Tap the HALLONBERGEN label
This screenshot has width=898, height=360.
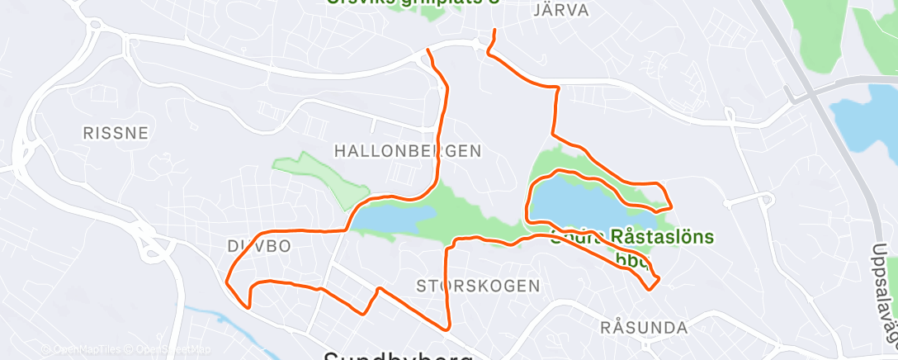tap(407, 150)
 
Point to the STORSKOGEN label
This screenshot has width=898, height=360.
tap(478, 286)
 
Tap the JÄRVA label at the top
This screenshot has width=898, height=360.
tap(561, 11)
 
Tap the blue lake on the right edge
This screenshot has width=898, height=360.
tap(863, 116)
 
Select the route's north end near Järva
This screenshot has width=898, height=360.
tap(494, 31)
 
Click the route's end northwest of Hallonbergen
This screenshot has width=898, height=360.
tap(427, 51)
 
